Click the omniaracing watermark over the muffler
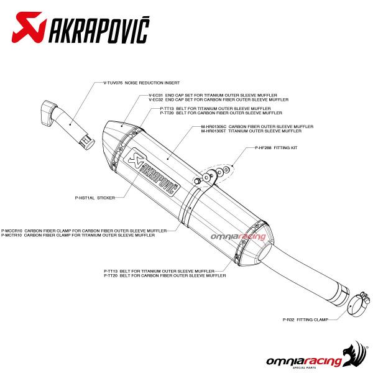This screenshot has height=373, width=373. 246,237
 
